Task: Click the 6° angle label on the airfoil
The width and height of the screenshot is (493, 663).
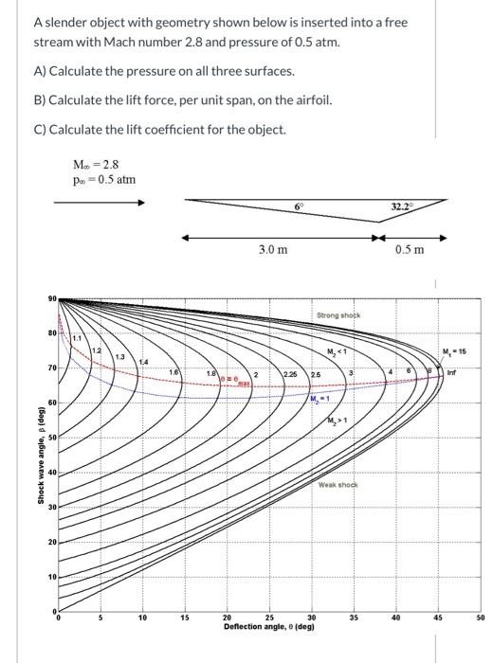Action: pos(301,205)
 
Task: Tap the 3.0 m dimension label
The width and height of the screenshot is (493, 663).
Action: pos(274,248)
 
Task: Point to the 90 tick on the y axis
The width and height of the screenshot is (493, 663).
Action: pos(53,299)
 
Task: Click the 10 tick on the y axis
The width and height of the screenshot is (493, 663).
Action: pos(53,577)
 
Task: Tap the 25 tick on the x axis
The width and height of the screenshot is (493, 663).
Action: pos(270,618)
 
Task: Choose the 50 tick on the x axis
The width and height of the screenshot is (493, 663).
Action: pos(480,618)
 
